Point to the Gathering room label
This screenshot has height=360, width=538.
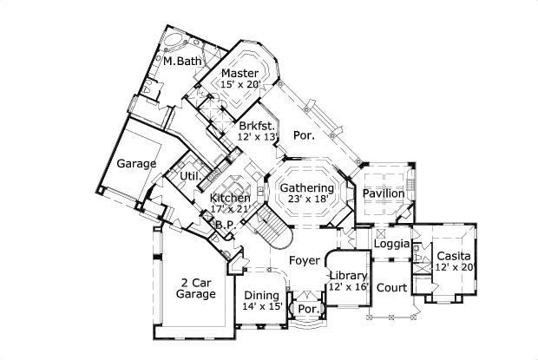(x=307, y=188)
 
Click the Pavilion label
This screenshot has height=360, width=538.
(x=383, y=193)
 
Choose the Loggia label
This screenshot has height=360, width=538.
(x=391, y=244)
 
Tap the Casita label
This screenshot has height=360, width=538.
(x=453, y=256)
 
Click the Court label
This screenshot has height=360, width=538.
(x=391, y=287)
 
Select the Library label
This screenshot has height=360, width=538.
(x=348, y=276)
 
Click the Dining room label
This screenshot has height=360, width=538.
(x=261, y=295)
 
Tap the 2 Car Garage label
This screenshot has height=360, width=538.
(x=196, y=288)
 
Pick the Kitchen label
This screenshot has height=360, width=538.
(x=230, y=198)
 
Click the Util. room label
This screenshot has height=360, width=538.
(x=190, y=177)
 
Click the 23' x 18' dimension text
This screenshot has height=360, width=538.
(x=307, y=200)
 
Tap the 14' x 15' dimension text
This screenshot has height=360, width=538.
(x=261, y=306)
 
